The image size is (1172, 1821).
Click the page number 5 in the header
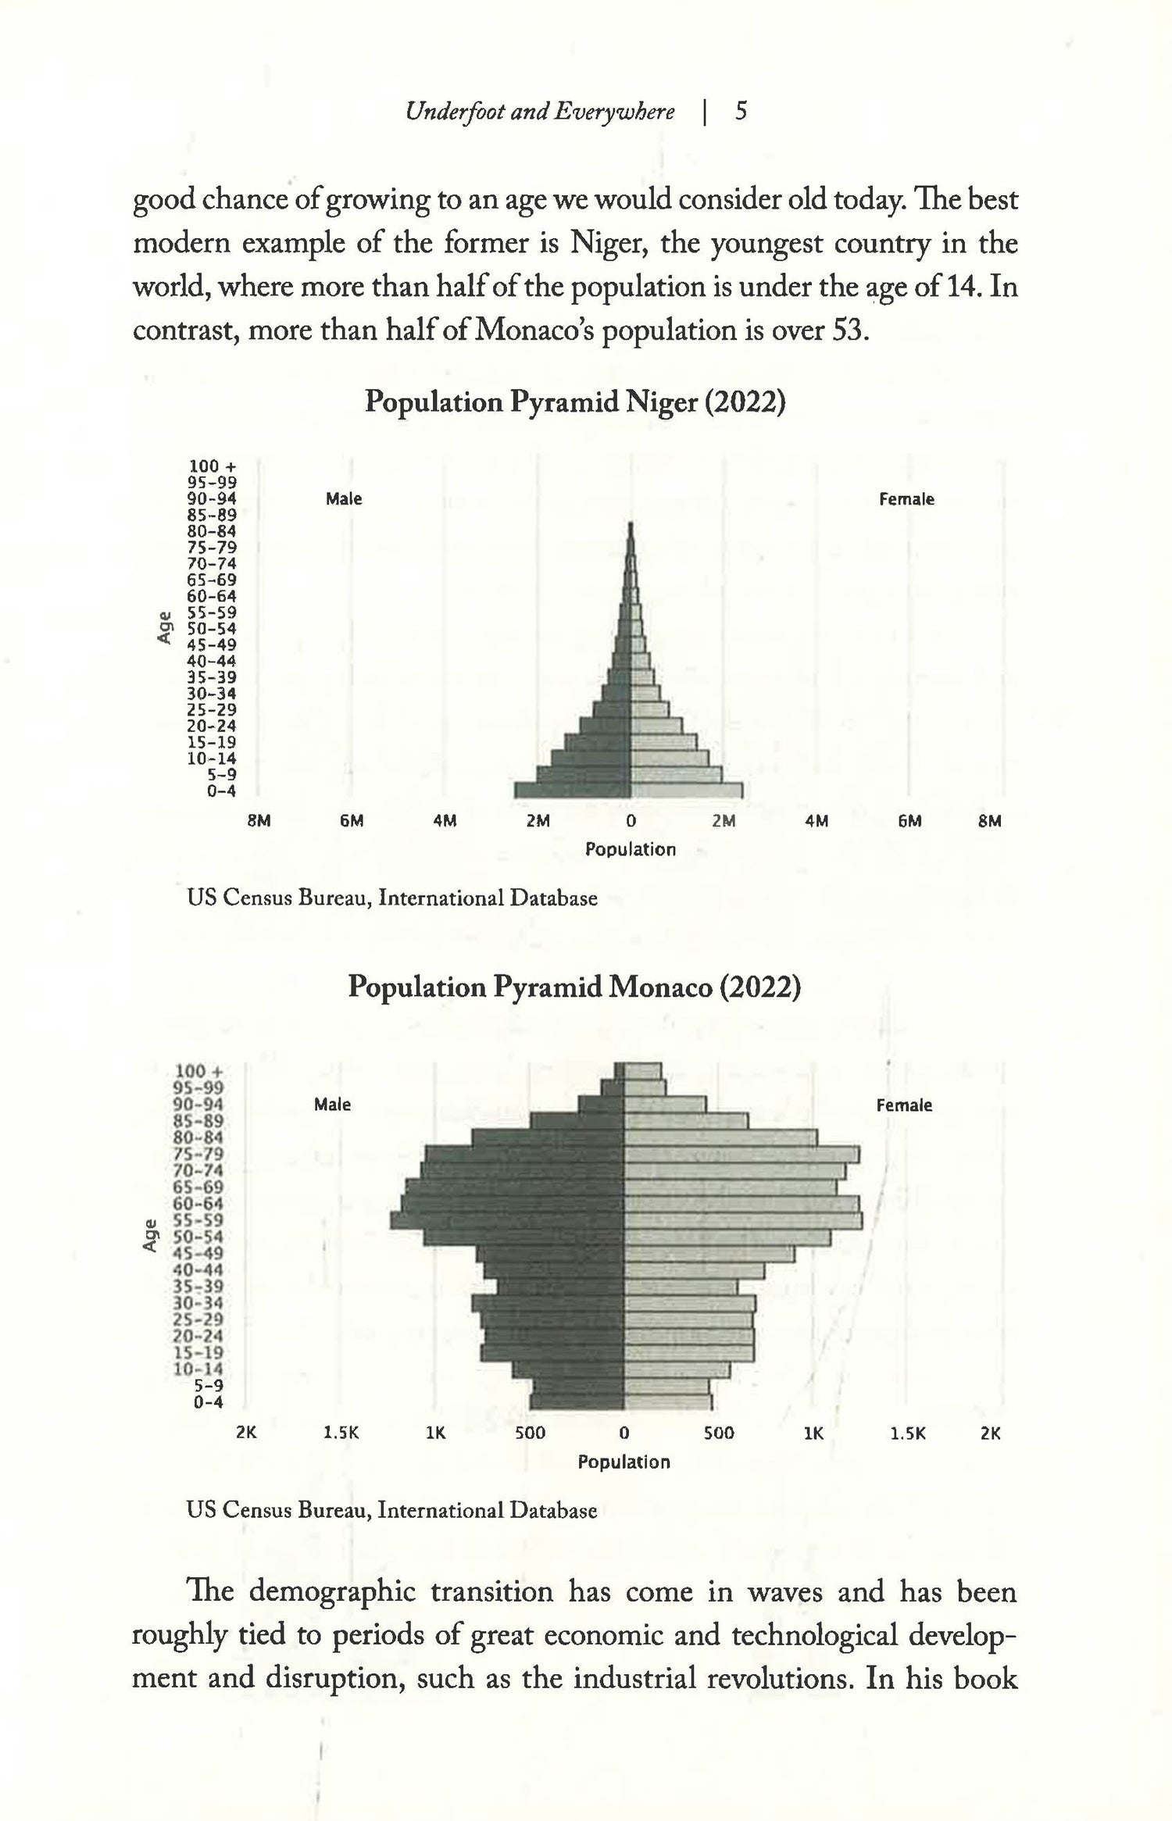741,112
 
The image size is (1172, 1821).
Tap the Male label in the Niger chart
344,499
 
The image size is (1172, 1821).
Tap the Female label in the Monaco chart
904,1105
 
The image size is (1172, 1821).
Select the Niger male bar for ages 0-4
572,790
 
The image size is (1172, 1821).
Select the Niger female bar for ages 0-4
686,790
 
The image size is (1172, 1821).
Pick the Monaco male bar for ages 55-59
508,1220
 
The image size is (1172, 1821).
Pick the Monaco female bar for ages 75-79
741,1155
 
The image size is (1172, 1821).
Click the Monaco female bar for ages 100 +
643,1070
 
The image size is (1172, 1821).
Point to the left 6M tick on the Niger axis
352,821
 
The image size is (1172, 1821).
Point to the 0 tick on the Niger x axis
631,821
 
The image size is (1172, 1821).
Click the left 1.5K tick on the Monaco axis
341,1434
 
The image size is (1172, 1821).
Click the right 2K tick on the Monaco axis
990,1434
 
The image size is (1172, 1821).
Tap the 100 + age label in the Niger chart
213,467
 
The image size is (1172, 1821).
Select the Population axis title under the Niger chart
631,849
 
